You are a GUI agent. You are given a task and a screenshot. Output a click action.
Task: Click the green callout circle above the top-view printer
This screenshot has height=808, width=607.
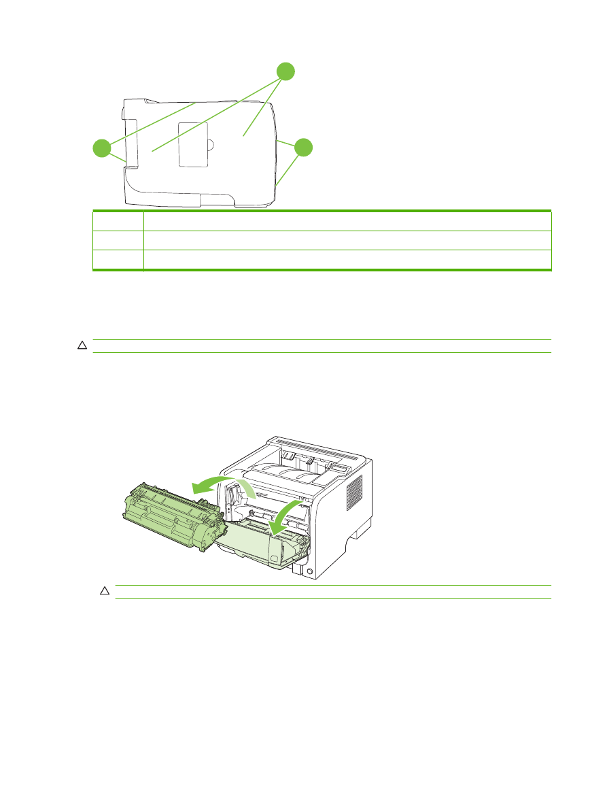tap(285, 71)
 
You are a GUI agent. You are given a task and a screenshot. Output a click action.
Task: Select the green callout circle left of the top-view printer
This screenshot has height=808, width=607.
tap(102, 148)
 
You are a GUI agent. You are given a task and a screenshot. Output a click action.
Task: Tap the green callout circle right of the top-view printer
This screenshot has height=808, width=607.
tap(304, 148)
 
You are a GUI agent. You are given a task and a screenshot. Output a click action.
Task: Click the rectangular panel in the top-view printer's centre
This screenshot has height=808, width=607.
tap(193, 144)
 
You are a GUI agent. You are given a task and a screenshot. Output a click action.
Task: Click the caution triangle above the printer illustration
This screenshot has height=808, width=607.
tap(82, 346)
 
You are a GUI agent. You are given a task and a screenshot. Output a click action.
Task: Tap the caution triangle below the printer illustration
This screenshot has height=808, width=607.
tap(105, 592)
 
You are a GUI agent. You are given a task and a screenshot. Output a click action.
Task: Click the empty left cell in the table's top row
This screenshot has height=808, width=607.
tap(118, 222)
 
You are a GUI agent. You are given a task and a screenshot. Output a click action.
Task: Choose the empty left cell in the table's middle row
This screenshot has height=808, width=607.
tap(118, 241)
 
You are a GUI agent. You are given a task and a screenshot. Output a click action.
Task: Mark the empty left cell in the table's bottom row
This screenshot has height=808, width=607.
tap(118, 260)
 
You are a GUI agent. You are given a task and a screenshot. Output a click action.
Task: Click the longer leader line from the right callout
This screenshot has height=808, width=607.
tap(288, 170)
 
